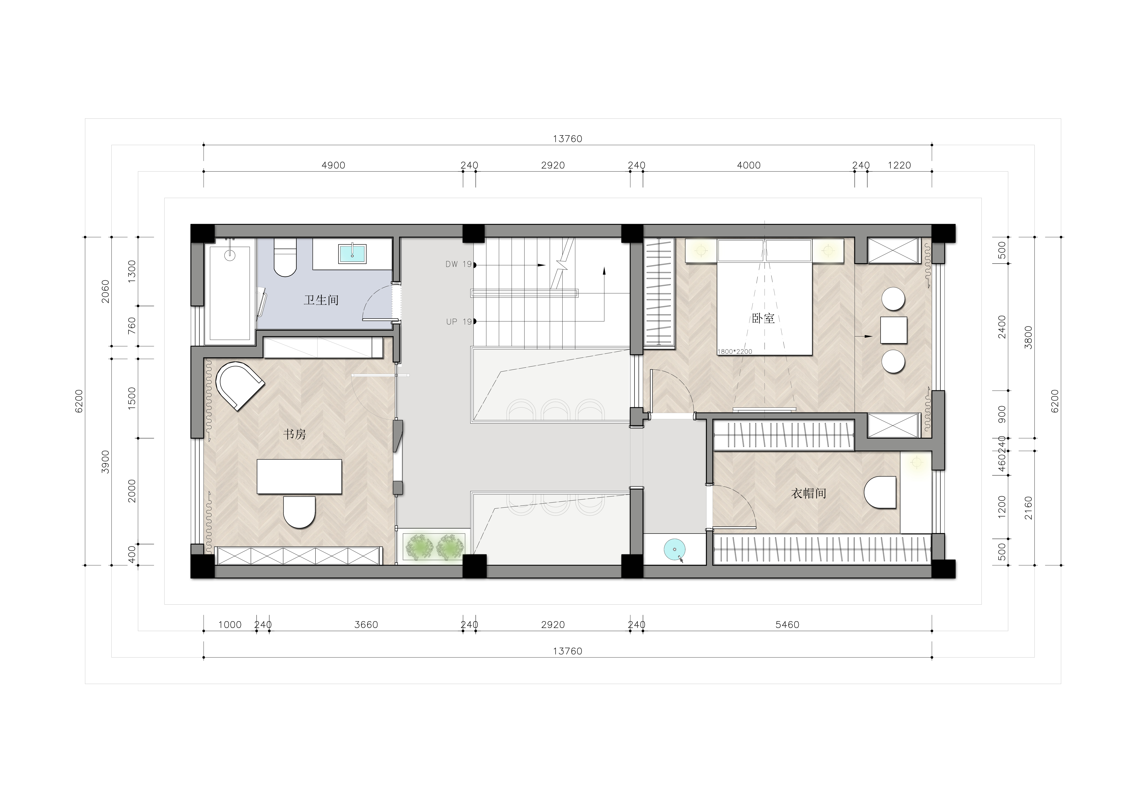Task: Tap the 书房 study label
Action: (295, 435)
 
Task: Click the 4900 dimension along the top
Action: (333, 165)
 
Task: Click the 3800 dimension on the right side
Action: (1029, 337)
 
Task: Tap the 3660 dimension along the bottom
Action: (366, 625)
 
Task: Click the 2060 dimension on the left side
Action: (105, 291)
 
